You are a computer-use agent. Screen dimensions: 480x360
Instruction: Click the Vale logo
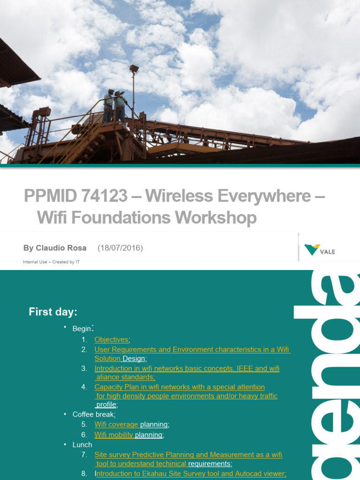click(320, 250)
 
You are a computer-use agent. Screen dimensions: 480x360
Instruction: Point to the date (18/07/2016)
click(120, 248)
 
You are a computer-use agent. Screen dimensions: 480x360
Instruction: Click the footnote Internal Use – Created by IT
click(51, 262)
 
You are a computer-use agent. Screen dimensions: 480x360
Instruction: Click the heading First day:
click(53, 312)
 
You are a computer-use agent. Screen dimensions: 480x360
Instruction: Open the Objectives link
click(111, 339)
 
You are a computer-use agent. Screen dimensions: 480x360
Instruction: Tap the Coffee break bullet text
click(94, 414)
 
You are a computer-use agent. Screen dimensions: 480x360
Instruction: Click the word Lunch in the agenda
click(82, 444)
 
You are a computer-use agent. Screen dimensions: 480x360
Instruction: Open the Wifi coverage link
click(116, 425)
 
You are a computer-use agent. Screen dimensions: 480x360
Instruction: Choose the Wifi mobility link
click(114, 435)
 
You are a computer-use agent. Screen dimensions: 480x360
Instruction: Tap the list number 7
click(84, 455)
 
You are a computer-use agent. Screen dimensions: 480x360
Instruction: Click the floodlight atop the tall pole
click(134, 68)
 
